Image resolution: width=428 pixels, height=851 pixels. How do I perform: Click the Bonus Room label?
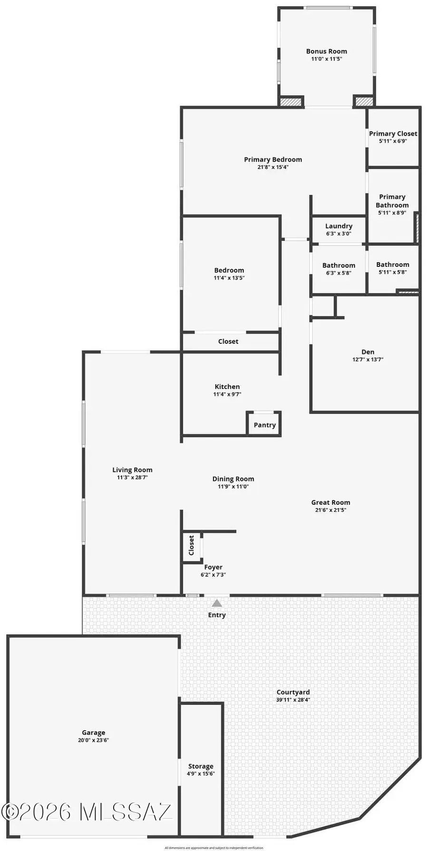coord(326,51)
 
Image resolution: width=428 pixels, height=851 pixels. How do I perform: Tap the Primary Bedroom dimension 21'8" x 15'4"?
coord(273,167)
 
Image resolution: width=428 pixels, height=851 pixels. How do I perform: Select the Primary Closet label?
coord(393,134)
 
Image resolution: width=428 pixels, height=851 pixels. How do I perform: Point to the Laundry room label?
coord(339,226)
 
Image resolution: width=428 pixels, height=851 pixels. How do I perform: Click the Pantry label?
coord(264,425)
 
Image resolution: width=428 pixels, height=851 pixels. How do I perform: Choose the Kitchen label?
coord(227,387)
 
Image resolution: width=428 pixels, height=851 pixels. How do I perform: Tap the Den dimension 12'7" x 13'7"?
coord(368,360)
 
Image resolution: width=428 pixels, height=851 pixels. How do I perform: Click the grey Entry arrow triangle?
coord(217,603)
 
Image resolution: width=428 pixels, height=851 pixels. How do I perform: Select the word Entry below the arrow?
coord(217,615)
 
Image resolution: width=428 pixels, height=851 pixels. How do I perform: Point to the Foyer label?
coord(213,567)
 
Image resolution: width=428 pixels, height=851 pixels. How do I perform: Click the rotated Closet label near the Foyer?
coord(191,545)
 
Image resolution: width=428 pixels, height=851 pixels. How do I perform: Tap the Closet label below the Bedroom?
coord(228,341)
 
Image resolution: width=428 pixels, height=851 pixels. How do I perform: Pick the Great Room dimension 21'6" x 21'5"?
coord(331,510)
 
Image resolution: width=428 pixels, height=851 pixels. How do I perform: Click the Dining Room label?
coord(233,479)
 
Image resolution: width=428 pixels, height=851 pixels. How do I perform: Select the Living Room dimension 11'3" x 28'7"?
coord(132,477)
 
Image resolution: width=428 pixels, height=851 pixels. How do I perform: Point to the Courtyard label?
coord(293,692)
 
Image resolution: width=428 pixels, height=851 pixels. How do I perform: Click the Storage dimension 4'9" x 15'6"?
coord(201,774)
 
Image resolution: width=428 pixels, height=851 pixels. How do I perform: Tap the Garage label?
coord(93,733)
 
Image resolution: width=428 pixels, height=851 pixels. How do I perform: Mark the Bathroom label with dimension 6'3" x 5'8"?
coord(339,265)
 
